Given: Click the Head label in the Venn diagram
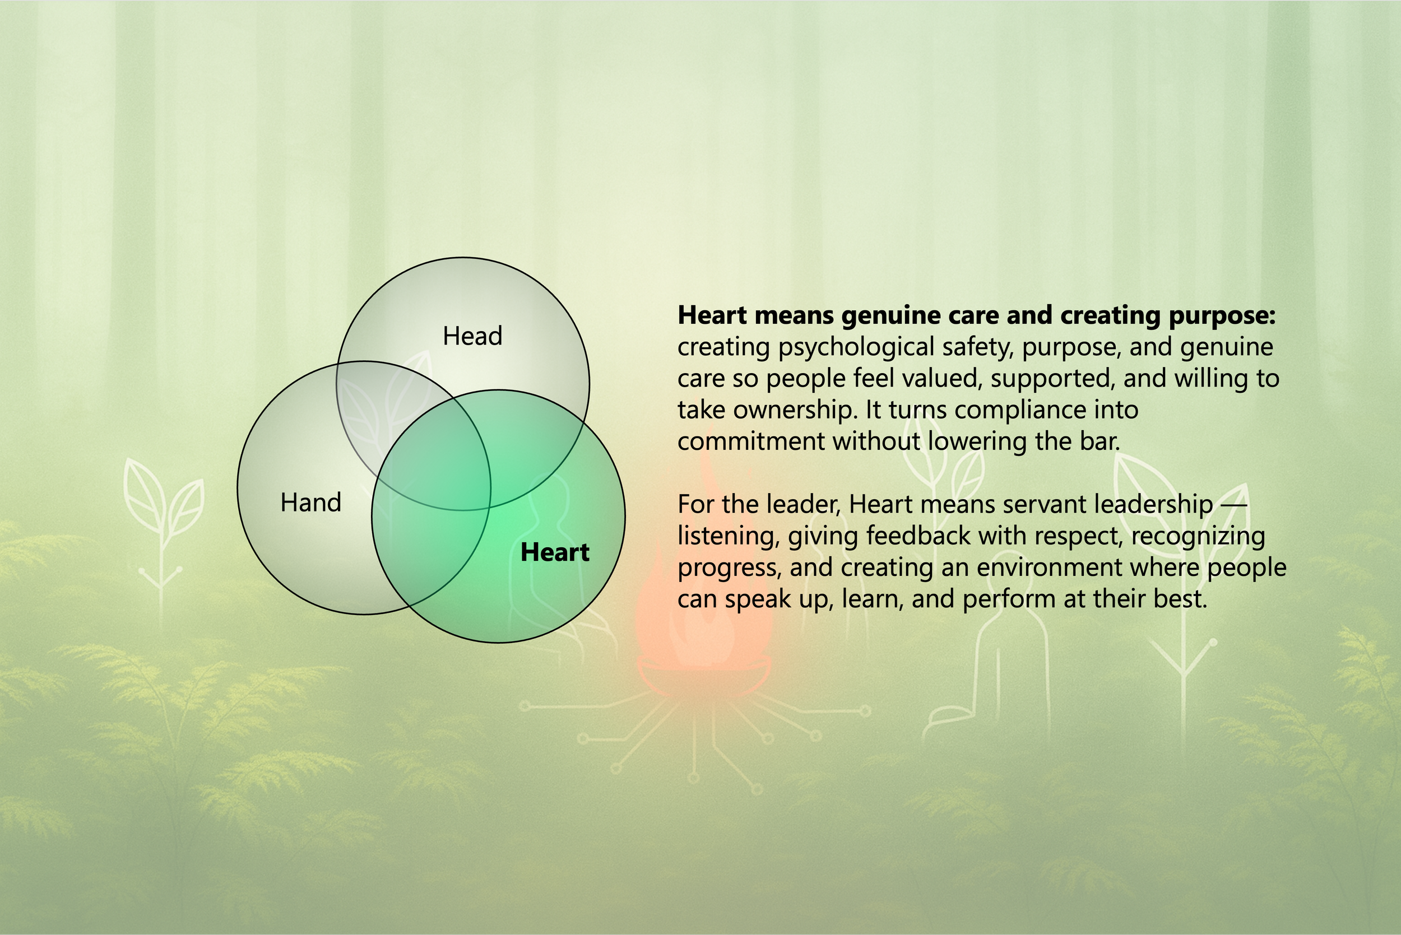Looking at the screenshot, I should tap(472, 336).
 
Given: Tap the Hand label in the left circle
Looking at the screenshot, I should tap(310, 503).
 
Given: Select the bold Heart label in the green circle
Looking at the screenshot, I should tap(555, 552).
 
